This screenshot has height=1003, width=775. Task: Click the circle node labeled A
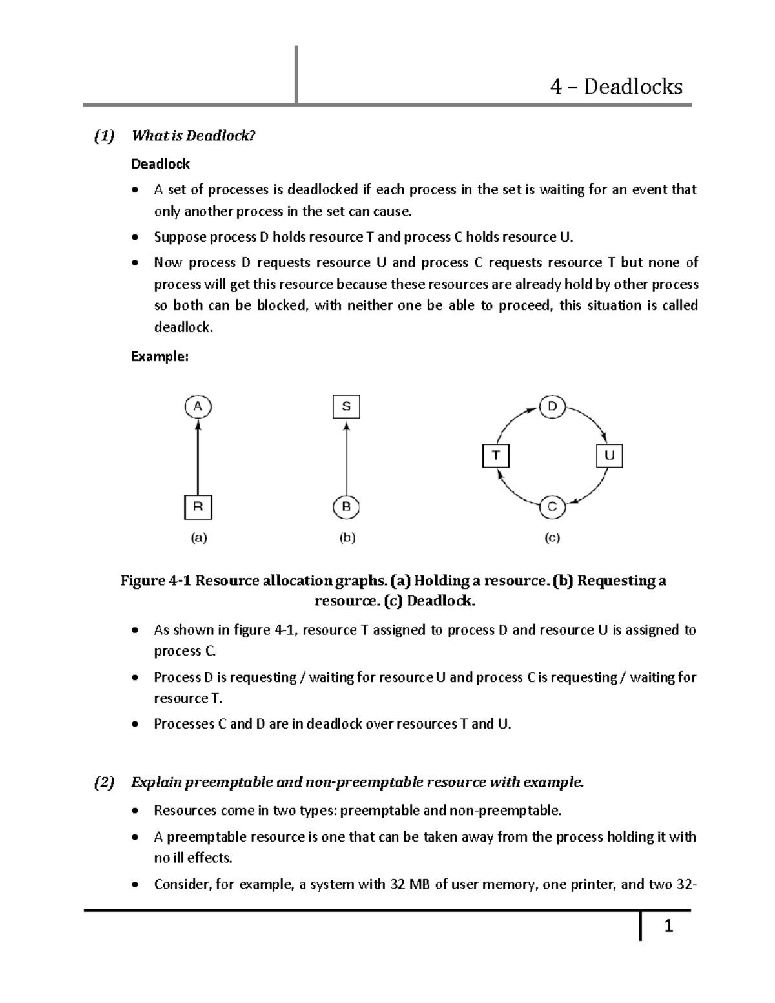pyautogui.click(x=198, y=407)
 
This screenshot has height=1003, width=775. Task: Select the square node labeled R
pyautogui.click(x=198, y=507)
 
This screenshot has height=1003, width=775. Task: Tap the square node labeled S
pyautogui.click(x=346, y=407)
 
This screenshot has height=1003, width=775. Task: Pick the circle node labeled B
pyautogui.click(x=346, y=507)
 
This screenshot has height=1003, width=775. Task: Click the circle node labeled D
pyautogui.click(x=552, y=407)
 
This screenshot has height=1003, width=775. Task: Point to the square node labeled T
pyautogui.click(x=496, y=455)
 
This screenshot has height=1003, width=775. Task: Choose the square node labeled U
pyautogui.click(x=608, y=455)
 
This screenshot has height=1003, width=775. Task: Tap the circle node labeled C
pyautogui.click(x=552, y=507)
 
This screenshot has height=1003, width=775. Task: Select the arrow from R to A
pyautogui.click(x=198, y=459)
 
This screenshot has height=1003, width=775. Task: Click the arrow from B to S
pyautogui.click(x=347, y=459)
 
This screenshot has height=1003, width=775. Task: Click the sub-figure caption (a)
pyautogui.click(x=198, y=537)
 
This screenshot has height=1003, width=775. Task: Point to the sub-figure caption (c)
pyautogui.click(x=552, y=537)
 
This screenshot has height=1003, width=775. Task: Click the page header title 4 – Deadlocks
pyautogui.click(x=616, y=87)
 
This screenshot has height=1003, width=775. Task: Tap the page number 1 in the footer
pyautogui.click(x=669, y=927)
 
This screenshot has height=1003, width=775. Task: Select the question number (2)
pyautogui.click(x=103, y=783)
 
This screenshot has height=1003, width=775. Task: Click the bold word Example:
pyautogui.click(x=160, y=357)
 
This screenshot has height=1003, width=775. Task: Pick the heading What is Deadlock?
pyautogui.click(x=194, y=136)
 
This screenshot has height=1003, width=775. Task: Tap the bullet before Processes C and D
pyautogui.click(x=134, y=725)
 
